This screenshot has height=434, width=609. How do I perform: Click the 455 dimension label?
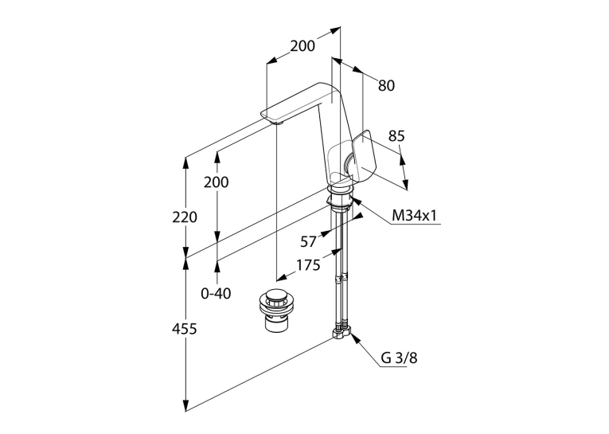click(x=185, y=329)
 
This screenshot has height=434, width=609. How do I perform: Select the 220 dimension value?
click(x=185, y=217)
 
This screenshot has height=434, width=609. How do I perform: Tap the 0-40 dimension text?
click(x=216, y=293)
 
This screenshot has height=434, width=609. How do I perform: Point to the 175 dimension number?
click(x=308, y=265)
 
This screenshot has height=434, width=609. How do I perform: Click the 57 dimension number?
click(x=308, y=241)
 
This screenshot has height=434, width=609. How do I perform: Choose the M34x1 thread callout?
click(x=415, y=216)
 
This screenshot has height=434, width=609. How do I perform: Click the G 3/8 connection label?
click(x=399, y=358)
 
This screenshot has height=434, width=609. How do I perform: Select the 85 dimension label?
click(x=396, y=136)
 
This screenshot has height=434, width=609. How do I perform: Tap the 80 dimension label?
click(x=386, y=85)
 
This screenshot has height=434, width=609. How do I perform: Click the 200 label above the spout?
click(x=303, y=46)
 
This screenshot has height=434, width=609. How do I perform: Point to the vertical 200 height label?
click(x=217, y=182)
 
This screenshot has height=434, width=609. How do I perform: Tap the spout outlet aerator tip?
click(x=279, y=123)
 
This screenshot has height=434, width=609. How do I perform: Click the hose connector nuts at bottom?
click(x=341, y=333)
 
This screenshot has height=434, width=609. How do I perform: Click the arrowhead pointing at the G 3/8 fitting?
click(x=354, y=338)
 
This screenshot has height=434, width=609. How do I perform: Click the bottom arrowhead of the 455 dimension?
click(x=186, y=405)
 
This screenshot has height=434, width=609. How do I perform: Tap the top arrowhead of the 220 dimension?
click(x=186, y=162)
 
